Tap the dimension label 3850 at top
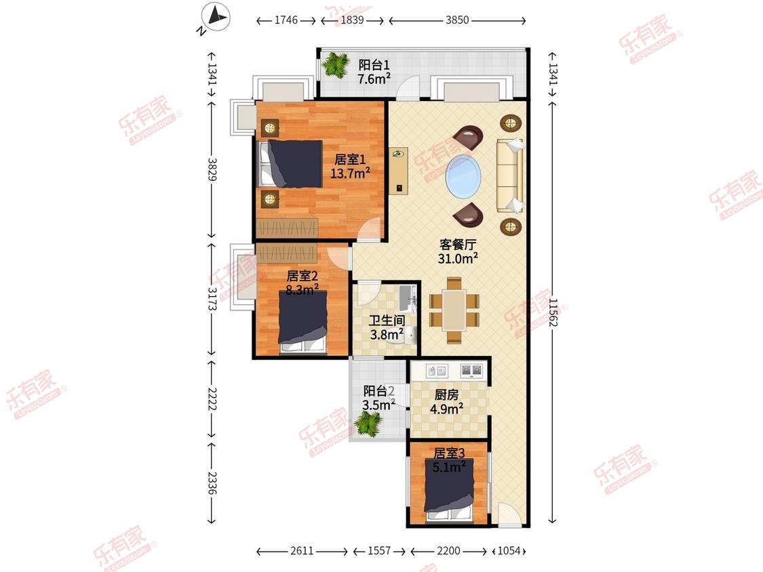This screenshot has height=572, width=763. pos(457,20)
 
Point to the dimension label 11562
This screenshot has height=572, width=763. pos(553,312)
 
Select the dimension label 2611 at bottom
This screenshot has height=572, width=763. pos(302,550)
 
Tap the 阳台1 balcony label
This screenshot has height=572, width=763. pos(374,64)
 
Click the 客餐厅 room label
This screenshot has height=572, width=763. pos(457,244)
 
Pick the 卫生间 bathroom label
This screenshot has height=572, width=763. pos(387,320)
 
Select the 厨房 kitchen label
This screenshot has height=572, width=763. pos(446,395)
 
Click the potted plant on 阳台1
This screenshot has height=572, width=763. pos(335,64)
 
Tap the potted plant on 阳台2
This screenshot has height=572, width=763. pos(368,423)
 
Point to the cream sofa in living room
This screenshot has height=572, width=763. pos(510,175)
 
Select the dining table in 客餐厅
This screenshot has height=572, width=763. pos(454,310)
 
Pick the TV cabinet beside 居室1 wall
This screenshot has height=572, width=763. pos(399,171)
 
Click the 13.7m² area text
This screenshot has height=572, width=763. pos(351,173)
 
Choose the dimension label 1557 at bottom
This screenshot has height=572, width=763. pos(379,550)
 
